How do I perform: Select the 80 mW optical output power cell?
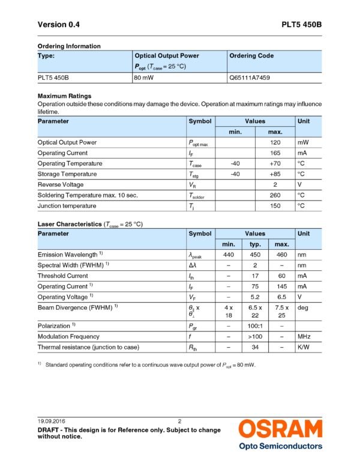coord(147,77)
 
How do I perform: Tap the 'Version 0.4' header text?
coord(58,25)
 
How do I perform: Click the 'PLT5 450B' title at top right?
coord(302,25)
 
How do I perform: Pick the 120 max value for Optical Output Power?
coord(275,142)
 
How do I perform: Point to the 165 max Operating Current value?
coord(275,153)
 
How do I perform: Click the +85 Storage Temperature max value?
coord(275,174)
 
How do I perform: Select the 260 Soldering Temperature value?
coord(275,195)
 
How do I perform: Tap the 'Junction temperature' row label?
coord(67,206)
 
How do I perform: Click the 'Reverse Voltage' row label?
coord(61,185)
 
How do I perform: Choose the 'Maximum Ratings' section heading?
coord(64,95)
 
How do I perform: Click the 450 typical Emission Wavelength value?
coord(254,255)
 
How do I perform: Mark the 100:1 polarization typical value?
coord(254,325)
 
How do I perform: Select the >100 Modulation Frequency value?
coord(254,336)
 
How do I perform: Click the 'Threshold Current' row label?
coord(62,276)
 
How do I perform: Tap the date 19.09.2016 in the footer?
coord(53,421)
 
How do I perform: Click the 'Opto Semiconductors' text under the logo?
coord(280,446)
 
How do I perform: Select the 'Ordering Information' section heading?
coord(69,46)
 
